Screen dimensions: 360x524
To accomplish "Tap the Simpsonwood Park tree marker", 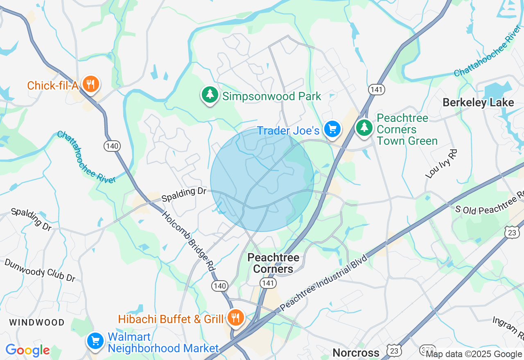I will coord(210,95).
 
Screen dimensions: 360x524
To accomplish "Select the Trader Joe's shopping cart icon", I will coord(332,129).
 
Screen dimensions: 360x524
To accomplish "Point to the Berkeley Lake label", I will coord(478,102).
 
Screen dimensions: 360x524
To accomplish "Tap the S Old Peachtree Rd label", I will coord(490,203).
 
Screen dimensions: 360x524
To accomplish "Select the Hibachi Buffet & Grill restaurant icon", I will coord(235,317).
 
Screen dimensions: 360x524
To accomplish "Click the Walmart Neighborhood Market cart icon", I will coord(95,340).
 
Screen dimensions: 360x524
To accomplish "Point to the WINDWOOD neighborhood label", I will coord(37,322).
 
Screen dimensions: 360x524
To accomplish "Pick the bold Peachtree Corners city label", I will coord(273,263).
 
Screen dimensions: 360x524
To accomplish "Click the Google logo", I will coord(27,350).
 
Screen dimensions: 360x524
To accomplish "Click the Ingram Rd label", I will coord(508,328).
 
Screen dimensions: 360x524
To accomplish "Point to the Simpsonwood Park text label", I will coord(272,97).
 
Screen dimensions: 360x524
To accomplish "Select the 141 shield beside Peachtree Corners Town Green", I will coord(376,90).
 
